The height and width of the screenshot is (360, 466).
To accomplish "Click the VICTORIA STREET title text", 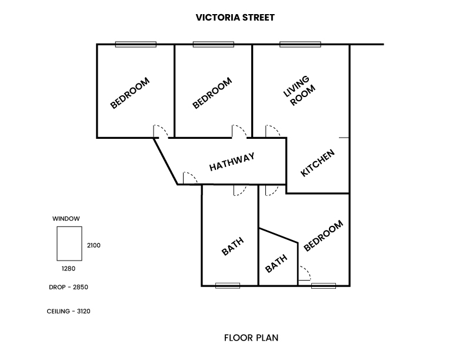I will [235, 18].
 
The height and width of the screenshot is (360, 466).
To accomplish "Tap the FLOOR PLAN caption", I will [251, 338].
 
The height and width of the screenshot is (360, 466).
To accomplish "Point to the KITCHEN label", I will [318, 163].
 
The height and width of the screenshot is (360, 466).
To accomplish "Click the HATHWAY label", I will [232, 162].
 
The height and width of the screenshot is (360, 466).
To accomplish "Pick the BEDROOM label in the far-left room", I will [130, 93].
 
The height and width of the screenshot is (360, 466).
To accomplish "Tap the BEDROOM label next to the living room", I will [212, 93].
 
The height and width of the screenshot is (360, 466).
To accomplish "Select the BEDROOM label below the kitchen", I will [323, 236].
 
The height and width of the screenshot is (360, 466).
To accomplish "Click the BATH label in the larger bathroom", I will [232, 247].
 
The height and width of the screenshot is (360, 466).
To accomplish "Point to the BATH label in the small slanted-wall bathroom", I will [276, 263].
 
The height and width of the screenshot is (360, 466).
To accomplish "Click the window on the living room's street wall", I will [300, 44].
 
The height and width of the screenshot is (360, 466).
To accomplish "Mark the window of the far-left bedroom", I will [135, 44].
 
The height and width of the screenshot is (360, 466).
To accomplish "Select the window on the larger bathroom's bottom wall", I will [228, 286].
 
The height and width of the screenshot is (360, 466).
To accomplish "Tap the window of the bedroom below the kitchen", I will [323, 286].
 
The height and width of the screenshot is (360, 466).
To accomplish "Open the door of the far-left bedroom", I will [161, 131].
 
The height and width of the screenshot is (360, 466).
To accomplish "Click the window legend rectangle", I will [69, 244].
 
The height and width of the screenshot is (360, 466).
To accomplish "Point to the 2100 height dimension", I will [94, 245].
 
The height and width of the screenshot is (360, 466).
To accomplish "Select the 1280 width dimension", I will [69, 268].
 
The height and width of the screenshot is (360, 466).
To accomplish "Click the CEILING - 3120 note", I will [69, 311].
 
